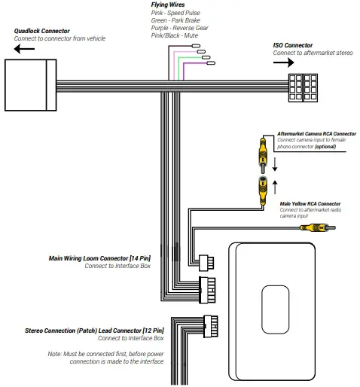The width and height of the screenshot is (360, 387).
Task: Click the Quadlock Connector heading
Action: (41, 31)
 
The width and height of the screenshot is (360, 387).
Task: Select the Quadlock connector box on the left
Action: (30, 83)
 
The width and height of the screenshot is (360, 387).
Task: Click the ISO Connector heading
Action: (293, 45)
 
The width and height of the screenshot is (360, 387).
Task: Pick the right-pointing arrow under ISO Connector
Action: (283, 63)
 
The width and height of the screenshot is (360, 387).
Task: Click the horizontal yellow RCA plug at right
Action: (307, 227)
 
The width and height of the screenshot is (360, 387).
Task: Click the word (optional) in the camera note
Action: (335, 148)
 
